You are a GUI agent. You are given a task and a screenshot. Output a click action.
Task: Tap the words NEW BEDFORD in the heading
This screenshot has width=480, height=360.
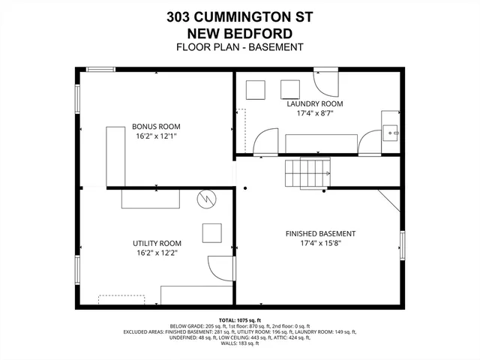[x=239, y=33]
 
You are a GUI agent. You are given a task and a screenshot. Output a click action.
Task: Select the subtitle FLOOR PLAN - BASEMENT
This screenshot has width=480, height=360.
[x=239, y=47]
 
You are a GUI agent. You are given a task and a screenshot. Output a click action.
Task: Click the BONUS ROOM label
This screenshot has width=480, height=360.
[x=157, y=127]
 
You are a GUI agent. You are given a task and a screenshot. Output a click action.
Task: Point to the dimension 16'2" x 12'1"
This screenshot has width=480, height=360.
[x=157, y=137]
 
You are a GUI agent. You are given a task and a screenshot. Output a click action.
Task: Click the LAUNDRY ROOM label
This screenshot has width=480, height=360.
[x=314, y=103]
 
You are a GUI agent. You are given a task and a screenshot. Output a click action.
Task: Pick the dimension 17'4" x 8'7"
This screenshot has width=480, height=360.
[x=314, y=114]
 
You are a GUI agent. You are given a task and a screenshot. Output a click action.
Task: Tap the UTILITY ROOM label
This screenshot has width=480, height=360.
[x=157, y=243]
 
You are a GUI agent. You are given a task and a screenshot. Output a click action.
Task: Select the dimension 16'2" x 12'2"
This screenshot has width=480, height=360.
[x=157, y=253]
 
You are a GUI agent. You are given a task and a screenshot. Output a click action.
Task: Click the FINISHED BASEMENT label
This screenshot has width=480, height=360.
[x=320, y=233]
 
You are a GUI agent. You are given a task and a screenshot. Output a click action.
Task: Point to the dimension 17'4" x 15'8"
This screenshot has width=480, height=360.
[x=320, y=244]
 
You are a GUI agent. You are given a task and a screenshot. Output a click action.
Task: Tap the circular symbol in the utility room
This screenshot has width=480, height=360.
[x=205, y=199]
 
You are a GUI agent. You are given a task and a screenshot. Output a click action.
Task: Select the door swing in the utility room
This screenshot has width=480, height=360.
[x=220, y=268]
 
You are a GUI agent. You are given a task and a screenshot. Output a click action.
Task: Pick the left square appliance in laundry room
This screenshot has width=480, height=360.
[x=257, y=90]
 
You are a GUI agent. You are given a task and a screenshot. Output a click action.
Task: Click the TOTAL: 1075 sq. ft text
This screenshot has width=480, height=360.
[x=239, y=319]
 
